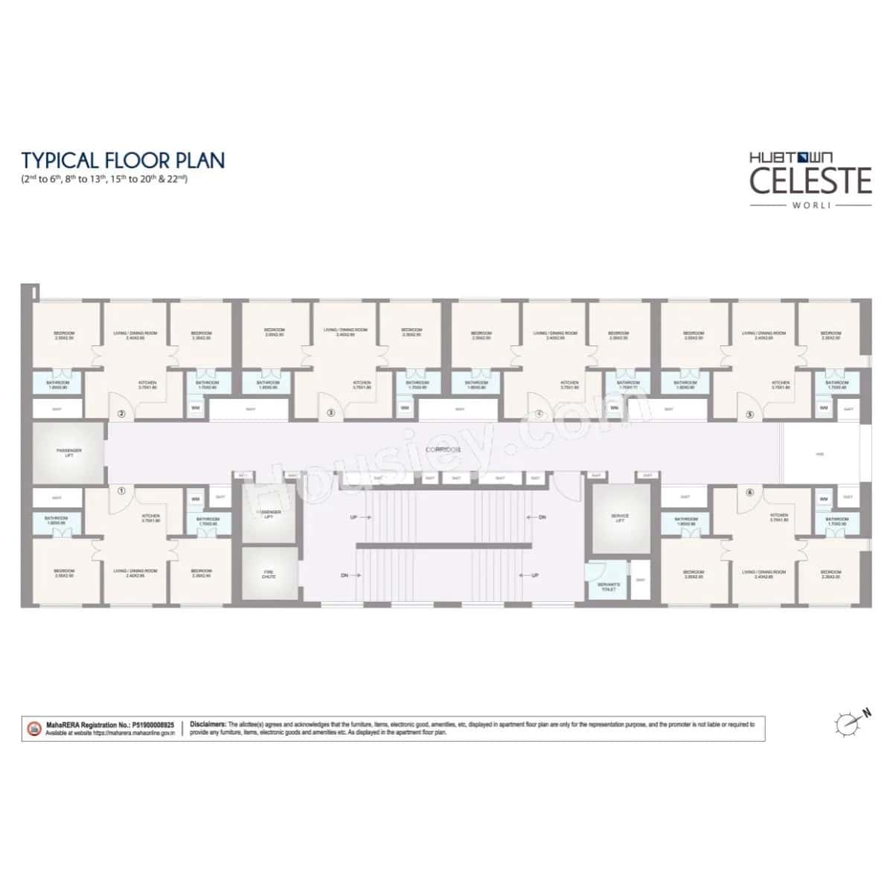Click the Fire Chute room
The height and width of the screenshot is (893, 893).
pos(269,574)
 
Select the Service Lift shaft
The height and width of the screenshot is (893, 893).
pos(619,518)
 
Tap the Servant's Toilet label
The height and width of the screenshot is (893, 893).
pos(609,586)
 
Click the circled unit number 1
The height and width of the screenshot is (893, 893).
pos(121,490)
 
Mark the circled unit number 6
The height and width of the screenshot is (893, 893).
pos(750,490)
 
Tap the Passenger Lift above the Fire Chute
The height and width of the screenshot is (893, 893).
pos(269,514)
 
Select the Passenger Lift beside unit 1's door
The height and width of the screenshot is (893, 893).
pos(68,452)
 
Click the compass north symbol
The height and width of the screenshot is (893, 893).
pos(848,720)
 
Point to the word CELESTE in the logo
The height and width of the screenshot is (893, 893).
pos(810,181)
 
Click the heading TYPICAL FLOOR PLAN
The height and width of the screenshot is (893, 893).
pos(123,160)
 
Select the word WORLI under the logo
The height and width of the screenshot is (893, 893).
pos(810,205)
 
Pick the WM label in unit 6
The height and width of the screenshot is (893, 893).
pos(824,499)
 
